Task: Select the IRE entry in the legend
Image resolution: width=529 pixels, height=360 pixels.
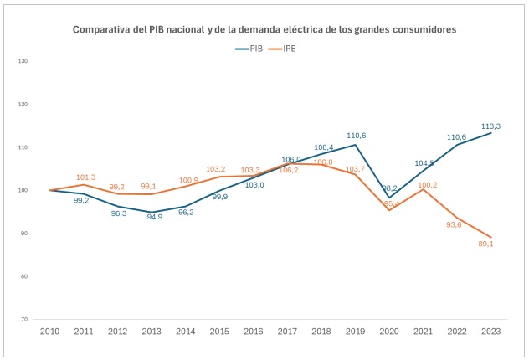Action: point(290,49)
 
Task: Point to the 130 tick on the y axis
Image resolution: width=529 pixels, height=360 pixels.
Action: point(23,61)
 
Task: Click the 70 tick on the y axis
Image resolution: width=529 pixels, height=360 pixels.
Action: point(24,319)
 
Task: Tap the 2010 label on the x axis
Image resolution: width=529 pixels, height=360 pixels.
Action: point(50,332)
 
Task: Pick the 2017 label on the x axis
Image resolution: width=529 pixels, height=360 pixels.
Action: point(287,332)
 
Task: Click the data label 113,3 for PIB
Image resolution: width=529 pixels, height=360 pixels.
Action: point(490,126)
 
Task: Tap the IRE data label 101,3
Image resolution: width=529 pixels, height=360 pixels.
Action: point(85,177)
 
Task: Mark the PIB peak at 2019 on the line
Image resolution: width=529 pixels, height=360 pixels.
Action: point(355,145)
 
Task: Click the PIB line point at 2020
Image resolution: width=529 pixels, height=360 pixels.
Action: point(388,198)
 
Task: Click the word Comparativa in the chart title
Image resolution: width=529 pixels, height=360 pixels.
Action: point(102,29)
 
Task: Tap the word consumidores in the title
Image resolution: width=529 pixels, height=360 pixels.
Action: point(422,29)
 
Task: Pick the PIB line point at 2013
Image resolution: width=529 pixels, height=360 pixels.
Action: point(152,212)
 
